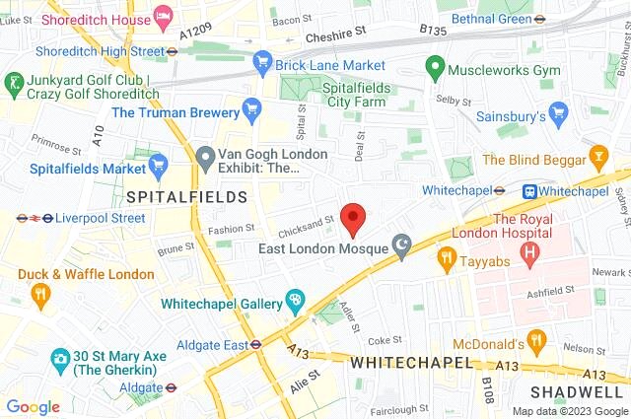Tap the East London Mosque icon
pyautogui.click(x=401, y=244)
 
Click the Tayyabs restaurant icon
pyautogui.click(x=446, y=258)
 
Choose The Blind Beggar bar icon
pyautogui.click(x=597, y=159)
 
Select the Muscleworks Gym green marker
pyautogui.click(x=433, y=69)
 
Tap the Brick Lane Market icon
pyautogui.click(x=262, y=62)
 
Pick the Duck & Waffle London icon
pyautogui.click(x=39, y=293)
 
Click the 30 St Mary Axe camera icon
pyautogui.click(x=61, y=357)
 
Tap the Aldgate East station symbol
pyautogui.click(x=255, y=345)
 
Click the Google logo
pyautogui.click(x=33, y=407)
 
